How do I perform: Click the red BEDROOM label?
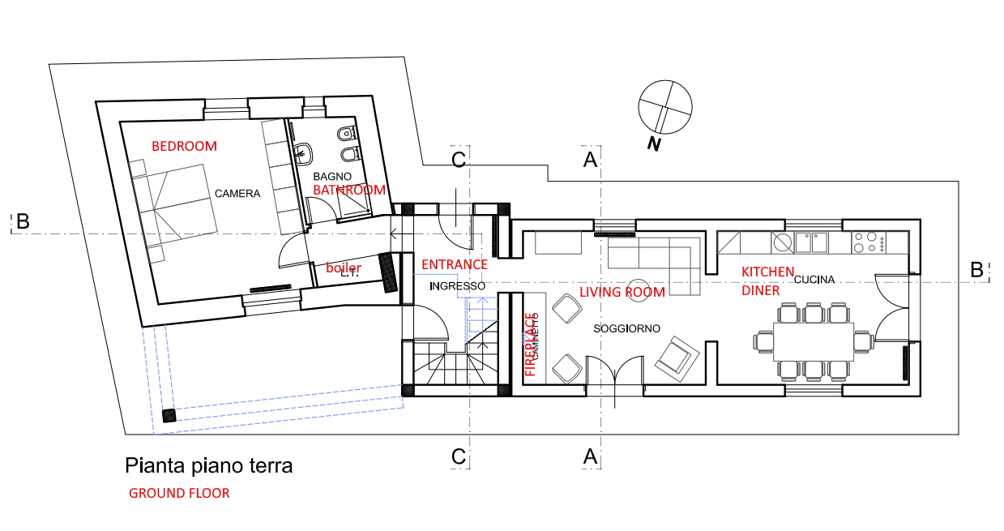pyautogui.click(x=185, y=146)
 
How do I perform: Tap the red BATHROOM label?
pyautogui.click(x=349, y=190)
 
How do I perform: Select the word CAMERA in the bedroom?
pyautogui.click(x=237, y=194)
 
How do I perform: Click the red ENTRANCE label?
pyautogui.click(x=455, y=264)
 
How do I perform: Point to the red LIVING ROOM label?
pyautogui.click(x=622, y=292)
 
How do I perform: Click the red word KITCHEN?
pyautogui.click(x=767, y=272)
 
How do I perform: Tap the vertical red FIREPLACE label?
pyautogui.click(x=531, y=345)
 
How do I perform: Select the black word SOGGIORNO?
pyautogui.click(x=626, y=328)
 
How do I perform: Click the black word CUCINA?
pyautogui.click(x=814, y=280)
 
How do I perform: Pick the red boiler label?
pyautogui.click(x=344, y=268)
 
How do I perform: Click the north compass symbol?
pyautogui.click(x=665, y=107)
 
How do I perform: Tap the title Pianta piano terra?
pyautogui.click(x=208, y=466)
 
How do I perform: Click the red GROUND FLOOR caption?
pyautogui.click(x=179, y=493)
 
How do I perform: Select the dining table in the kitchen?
pyautogui.click(x=813, y=341)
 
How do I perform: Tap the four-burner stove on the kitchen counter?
pyautogui.click(x=868, y=241)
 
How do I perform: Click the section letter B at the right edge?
pyautogui.click(x=977, y=270)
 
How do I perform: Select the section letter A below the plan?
pyautogui.click(x=591, y=456)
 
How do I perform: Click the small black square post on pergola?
pyautogui.click(x=169, y=416)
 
